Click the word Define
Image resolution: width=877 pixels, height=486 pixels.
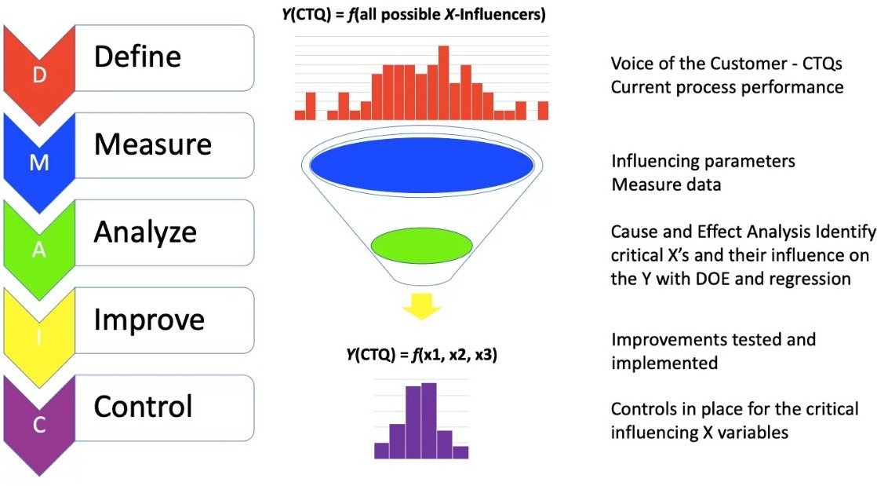tap(137, 56)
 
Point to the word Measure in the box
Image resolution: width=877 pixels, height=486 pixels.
tap(153, 144)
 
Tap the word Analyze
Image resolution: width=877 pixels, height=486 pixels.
tap(145, 232)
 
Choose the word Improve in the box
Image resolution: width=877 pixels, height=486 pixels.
tap(149, 320)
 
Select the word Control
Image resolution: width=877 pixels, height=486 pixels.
tap(144, 407)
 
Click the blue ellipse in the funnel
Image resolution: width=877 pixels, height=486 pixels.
tap(422, 165)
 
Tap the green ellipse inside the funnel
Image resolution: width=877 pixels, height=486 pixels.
tap(422, 245)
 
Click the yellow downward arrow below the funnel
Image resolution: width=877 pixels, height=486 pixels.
tap(422, 306)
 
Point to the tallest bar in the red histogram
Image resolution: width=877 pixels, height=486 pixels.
tap(444, 83)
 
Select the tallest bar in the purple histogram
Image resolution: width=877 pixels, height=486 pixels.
tap(429, 421)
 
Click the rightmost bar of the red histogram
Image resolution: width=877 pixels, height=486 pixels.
tap(543, 110)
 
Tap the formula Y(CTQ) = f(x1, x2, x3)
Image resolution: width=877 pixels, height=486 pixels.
tap(422, 354)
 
